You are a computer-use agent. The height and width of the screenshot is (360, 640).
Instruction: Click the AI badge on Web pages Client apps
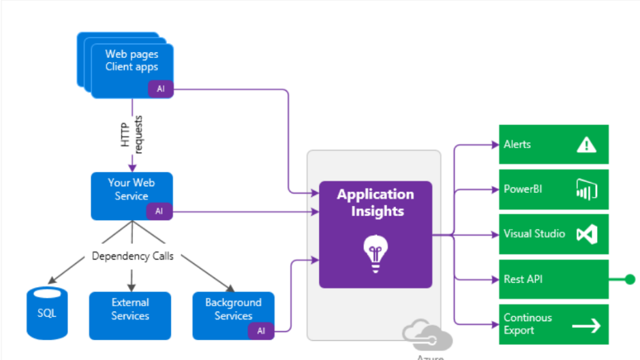click(161, 89)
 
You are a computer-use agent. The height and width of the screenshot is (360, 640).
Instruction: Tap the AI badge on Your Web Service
click(159, 211)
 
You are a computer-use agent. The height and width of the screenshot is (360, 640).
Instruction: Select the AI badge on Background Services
click(261, 331)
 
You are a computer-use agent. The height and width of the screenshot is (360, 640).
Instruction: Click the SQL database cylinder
click(47, 313)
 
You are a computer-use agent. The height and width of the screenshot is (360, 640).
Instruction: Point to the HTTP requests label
click(132, 134)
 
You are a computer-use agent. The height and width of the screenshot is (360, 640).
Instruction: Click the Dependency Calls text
click(133, 256)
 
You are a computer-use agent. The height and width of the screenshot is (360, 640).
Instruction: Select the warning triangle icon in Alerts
click(586, 145)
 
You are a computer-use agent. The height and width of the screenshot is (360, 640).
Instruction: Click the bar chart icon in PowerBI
click(586, 190)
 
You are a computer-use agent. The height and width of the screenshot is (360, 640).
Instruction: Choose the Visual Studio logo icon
click(586, 235)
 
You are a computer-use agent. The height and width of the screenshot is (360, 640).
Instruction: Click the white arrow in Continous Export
click(586, 325)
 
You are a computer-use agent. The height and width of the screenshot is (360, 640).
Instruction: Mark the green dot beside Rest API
click(630, 280)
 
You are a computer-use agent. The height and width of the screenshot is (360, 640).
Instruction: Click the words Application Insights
click(376, 202)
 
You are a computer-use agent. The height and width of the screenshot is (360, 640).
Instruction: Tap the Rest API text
click(523, 279)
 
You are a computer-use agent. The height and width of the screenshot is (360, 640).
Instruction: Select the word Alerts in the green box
click(517, 145)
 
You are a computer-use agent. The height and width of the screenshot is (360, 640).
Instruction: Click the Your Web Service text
click(132, 189)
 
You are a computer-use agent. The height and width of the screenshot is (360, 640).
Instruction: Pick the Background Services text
click(233, 309)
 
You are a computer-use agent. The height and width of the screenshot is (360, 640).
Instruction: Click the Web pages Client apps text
click(132, 60)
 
